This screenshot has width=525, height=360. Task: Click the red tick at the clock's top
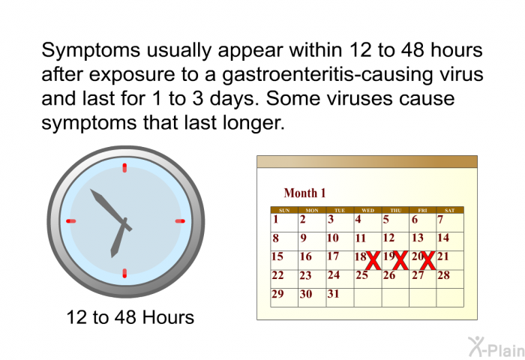tap(124, 168)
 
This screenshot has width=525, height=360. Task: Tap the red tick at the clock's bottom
tap(124, 273)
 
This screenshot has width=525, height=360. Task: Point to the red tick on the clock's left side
tap(71, 221)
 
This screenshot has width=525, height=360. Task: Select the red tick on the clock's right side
tap(180, 221)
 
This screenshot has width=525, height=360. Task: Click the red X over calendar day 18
tap(373, 260)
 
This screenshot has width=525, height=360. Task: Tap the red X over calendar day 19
tap(400, 260)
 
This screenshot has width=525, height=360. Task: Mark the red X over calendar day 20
tap(427, 260)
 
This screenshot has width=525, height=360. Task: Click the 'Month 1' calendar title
tap(304, 193)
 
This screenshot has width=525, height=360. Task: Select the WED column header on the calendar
tap(367, 210)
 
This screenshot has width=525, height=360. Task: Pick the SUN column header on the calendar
tap(284, 210)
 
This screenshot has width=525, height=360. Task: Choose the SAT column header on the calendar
tap(450, 210)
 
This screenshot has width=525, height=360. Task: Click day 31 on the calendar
tap(334, 294)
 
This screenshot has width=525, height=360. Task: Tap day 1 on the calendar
tap(275, 219)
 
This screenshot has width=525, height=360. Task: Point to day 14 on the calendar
tap(443, 238)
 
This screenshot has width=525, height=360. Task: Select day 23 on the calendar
tap(305, 275)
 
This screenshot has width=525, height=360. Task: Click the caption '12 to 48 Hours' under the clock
tap(130, 317)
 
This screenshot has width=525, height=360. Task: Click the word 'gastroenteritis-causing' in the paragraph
tap(328, 75)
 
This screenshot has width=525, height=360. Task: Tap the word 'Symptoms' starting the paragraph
tap(91, 51)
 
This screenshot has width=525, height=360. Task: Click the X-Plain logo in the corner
tap(496, 346)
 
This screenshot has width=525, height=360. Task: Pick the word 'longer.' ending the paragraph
tap(253, 123)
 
